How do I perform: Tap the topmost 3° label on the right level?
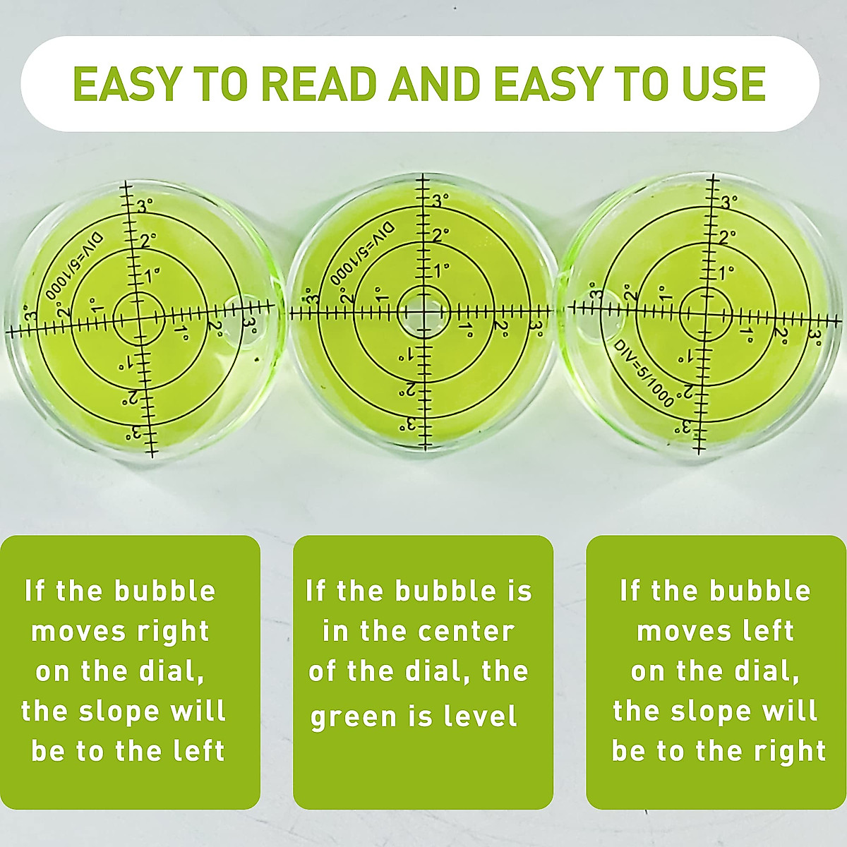(729, 202)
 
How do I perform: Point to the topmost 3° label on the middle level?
(440, 200)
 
